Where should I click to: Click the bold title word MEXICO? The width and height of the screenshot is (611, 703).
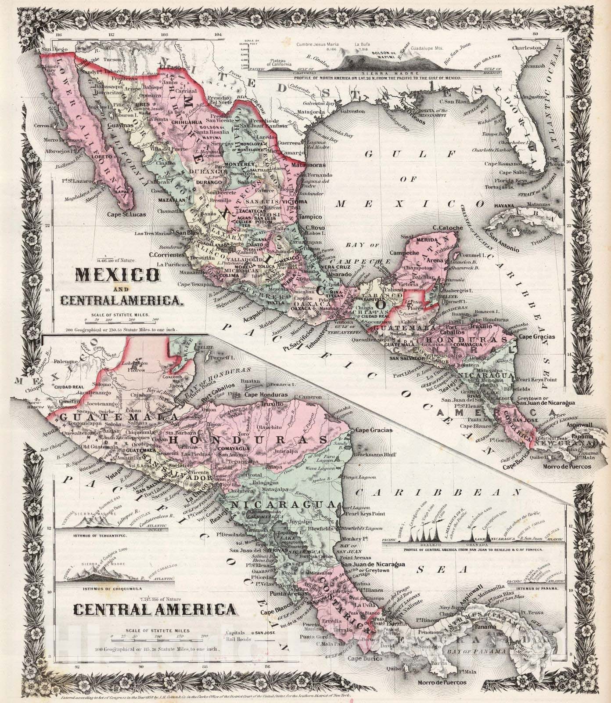coord(118,275)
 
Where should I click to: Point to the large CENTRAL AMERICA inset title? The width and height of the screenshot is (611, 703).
coord(154,610)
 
